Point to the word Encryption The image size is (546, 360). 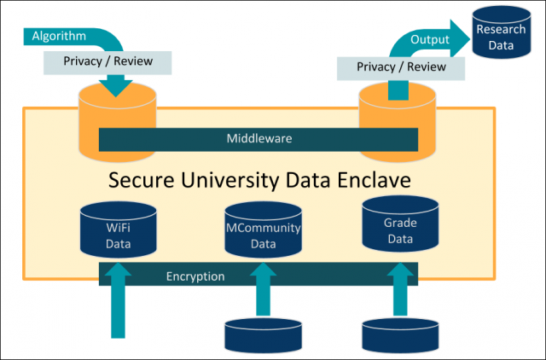click(x=195, y=276)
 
